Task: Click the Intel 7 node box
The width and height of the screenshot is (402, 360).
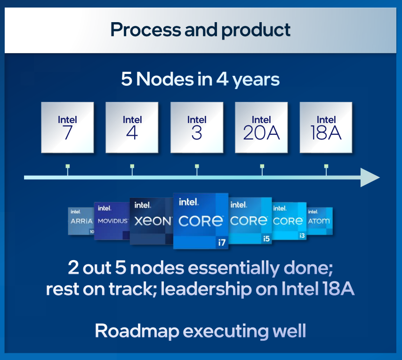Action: (x=67, y=127)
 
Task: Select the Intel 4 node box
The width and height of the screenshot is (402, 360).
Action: (x=132, y=127)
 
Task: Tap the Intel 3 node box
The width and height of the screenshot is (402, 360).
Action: (x=197, y=127)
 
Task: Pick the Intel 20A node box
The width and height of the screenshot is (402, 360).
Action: (x=261, y=127)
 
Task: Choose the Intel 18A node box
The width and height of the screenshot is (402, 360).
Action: (x=326, y=127)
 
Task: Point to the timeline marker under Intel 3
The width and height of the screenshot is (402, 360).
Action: (x=197, y=166)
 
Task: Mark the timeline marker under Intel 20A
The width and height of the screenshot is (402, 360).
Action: (x=262, y=166)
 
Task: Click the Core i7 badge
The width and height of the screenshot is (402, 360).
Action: (x=201, y=221)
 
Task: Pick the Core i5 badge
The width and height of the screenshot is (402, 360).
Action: (x=249, y=221)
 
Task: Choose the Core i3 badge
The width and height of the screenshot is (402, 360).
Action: (x=289, y=221)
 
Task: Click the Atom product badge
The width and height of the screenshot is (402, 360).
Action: (x=320, y=221)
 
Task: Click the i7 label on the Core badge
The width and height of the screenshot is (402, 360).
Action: (x=221, y=243)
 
